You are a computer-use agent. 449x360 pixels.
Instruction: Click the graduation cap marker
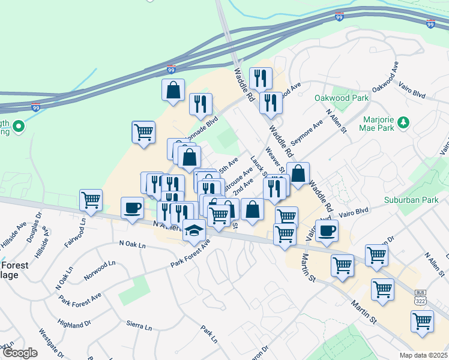pos(194,230)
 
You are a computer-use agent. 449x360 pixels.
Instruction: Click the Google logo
pos(19,353)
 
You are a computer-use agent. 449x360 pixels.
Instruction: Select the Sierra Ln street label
pos(139,326)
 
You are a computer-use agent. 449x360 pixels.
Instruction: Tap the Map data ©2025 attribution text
pos(424,355)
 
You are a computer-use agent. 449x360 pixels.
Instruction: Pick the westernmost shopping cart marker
pos(91,200)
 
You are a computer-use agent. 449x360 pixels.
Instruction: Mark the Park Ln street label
pos(209,334)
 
